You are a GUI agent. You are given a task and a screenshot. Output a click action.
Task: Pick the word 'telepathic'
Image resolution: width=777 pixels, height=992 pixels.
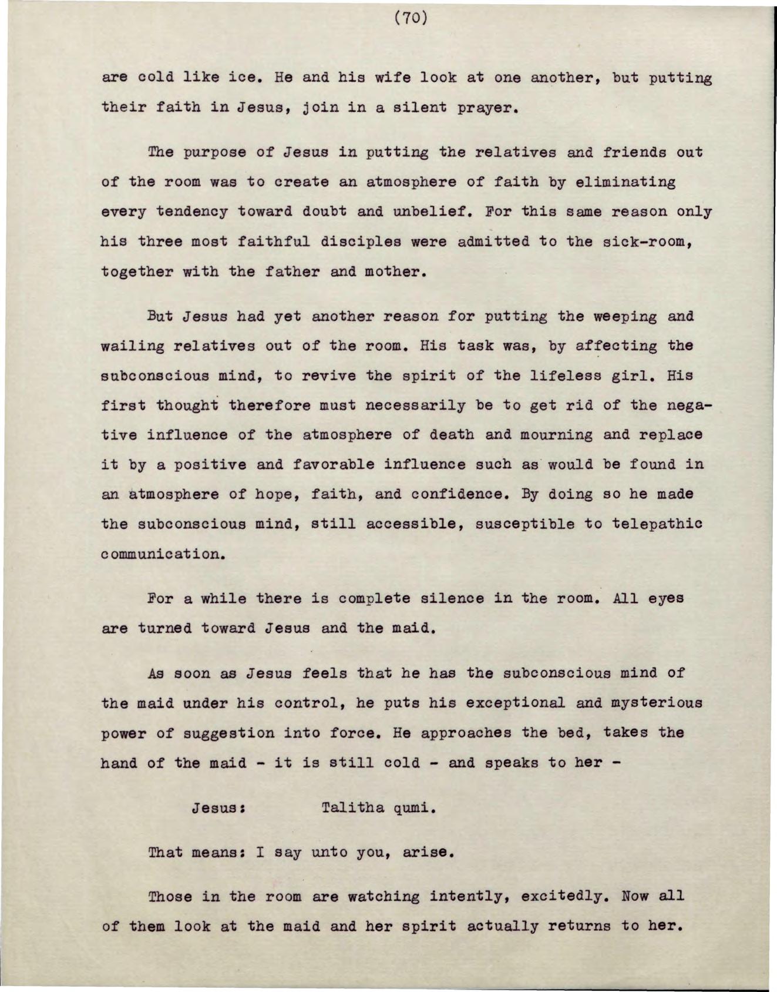point(657,524)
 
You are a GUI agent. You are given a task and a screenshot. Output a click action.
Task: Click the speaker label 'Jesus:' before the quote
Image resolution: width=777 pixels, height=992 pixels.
point(218,807)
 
